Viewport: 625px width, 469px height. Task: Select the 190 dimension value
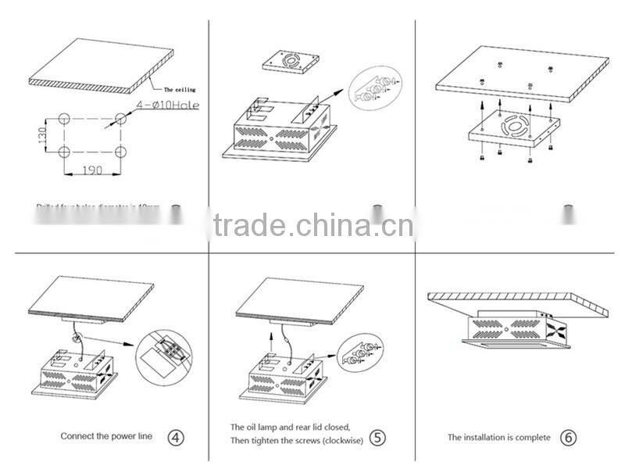(92, 169)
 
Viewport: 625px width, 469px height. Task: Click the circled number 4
(177, 436)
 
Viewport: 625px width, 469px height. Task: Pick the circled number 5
(378, 436)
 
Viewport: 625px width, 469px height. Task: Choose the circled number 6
(569, 437)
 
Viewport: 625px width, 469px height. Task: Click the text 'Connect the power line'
(107, 436)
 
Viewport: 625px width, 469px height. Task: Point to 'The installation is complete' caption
(498, 437)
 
